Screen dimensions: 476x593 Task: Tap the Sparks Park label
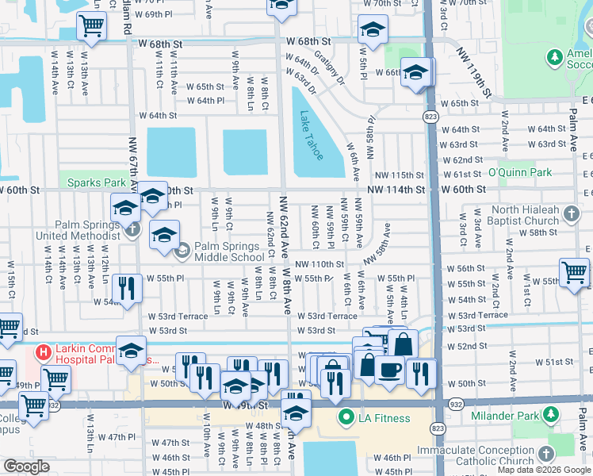click(x=95, y=182)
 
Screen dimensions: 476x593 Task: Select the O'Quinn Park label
click(x=519, y=172)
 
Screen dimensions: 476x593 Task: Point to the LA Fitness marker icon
click(x=346, y=417)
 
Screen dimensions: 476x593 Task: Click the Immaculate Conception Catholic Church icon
click(x=545, y=452)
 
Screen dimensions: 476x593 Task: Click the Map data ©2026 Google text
click(x=544, y=470)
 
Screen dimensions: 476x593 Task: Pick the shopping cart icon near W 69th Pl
click(x=91, y=26)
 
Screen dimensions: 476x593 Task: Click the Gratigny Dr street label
click(x=330, y=68)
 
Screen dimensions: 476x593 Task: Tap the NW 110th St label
click(x=319, y=264)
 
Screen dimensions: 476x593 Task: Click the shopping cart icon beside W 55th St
click(x=574, y=272)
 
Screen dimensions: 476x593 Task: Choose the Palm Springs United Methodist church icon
click(x=132, y=229)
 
